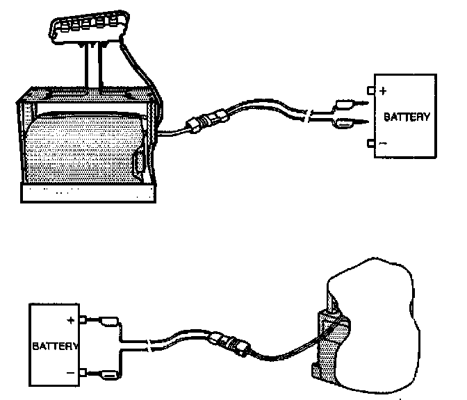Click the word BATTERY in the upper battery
click(x=407, y=117)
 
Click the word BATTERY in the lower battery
click(x=55, y=345)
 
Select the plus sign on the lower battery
click(x=70, y=320)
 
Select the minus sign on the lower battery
click(x=70, y=373)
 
